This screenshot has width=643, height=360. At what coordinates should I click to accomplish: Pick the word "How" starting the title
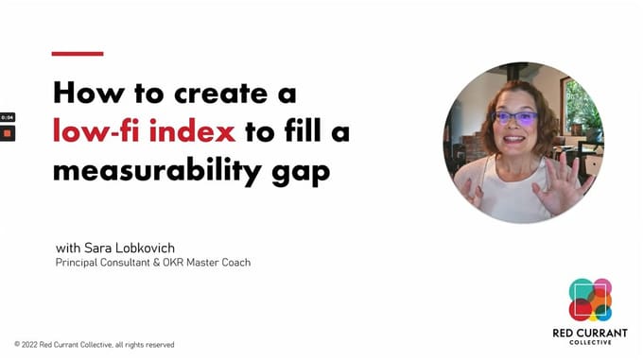[78, 94]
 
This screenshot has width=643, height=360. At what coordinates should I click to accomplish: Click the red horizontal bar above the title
[78, 54]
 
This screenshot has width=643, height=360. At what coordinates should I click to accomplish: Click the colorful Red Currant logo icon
[590, 300]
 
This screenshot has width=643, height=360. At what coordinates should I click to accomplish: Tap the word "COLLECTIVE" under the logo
[590, 342]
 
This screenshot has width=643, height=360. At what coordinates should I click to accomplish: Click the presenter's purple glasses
[516, 120]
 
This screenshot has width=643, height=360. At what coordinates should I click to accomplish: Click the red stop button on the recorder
[7, 133]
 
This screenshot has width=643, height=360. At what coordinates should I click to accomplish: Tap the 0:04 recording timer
[7, 117]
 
